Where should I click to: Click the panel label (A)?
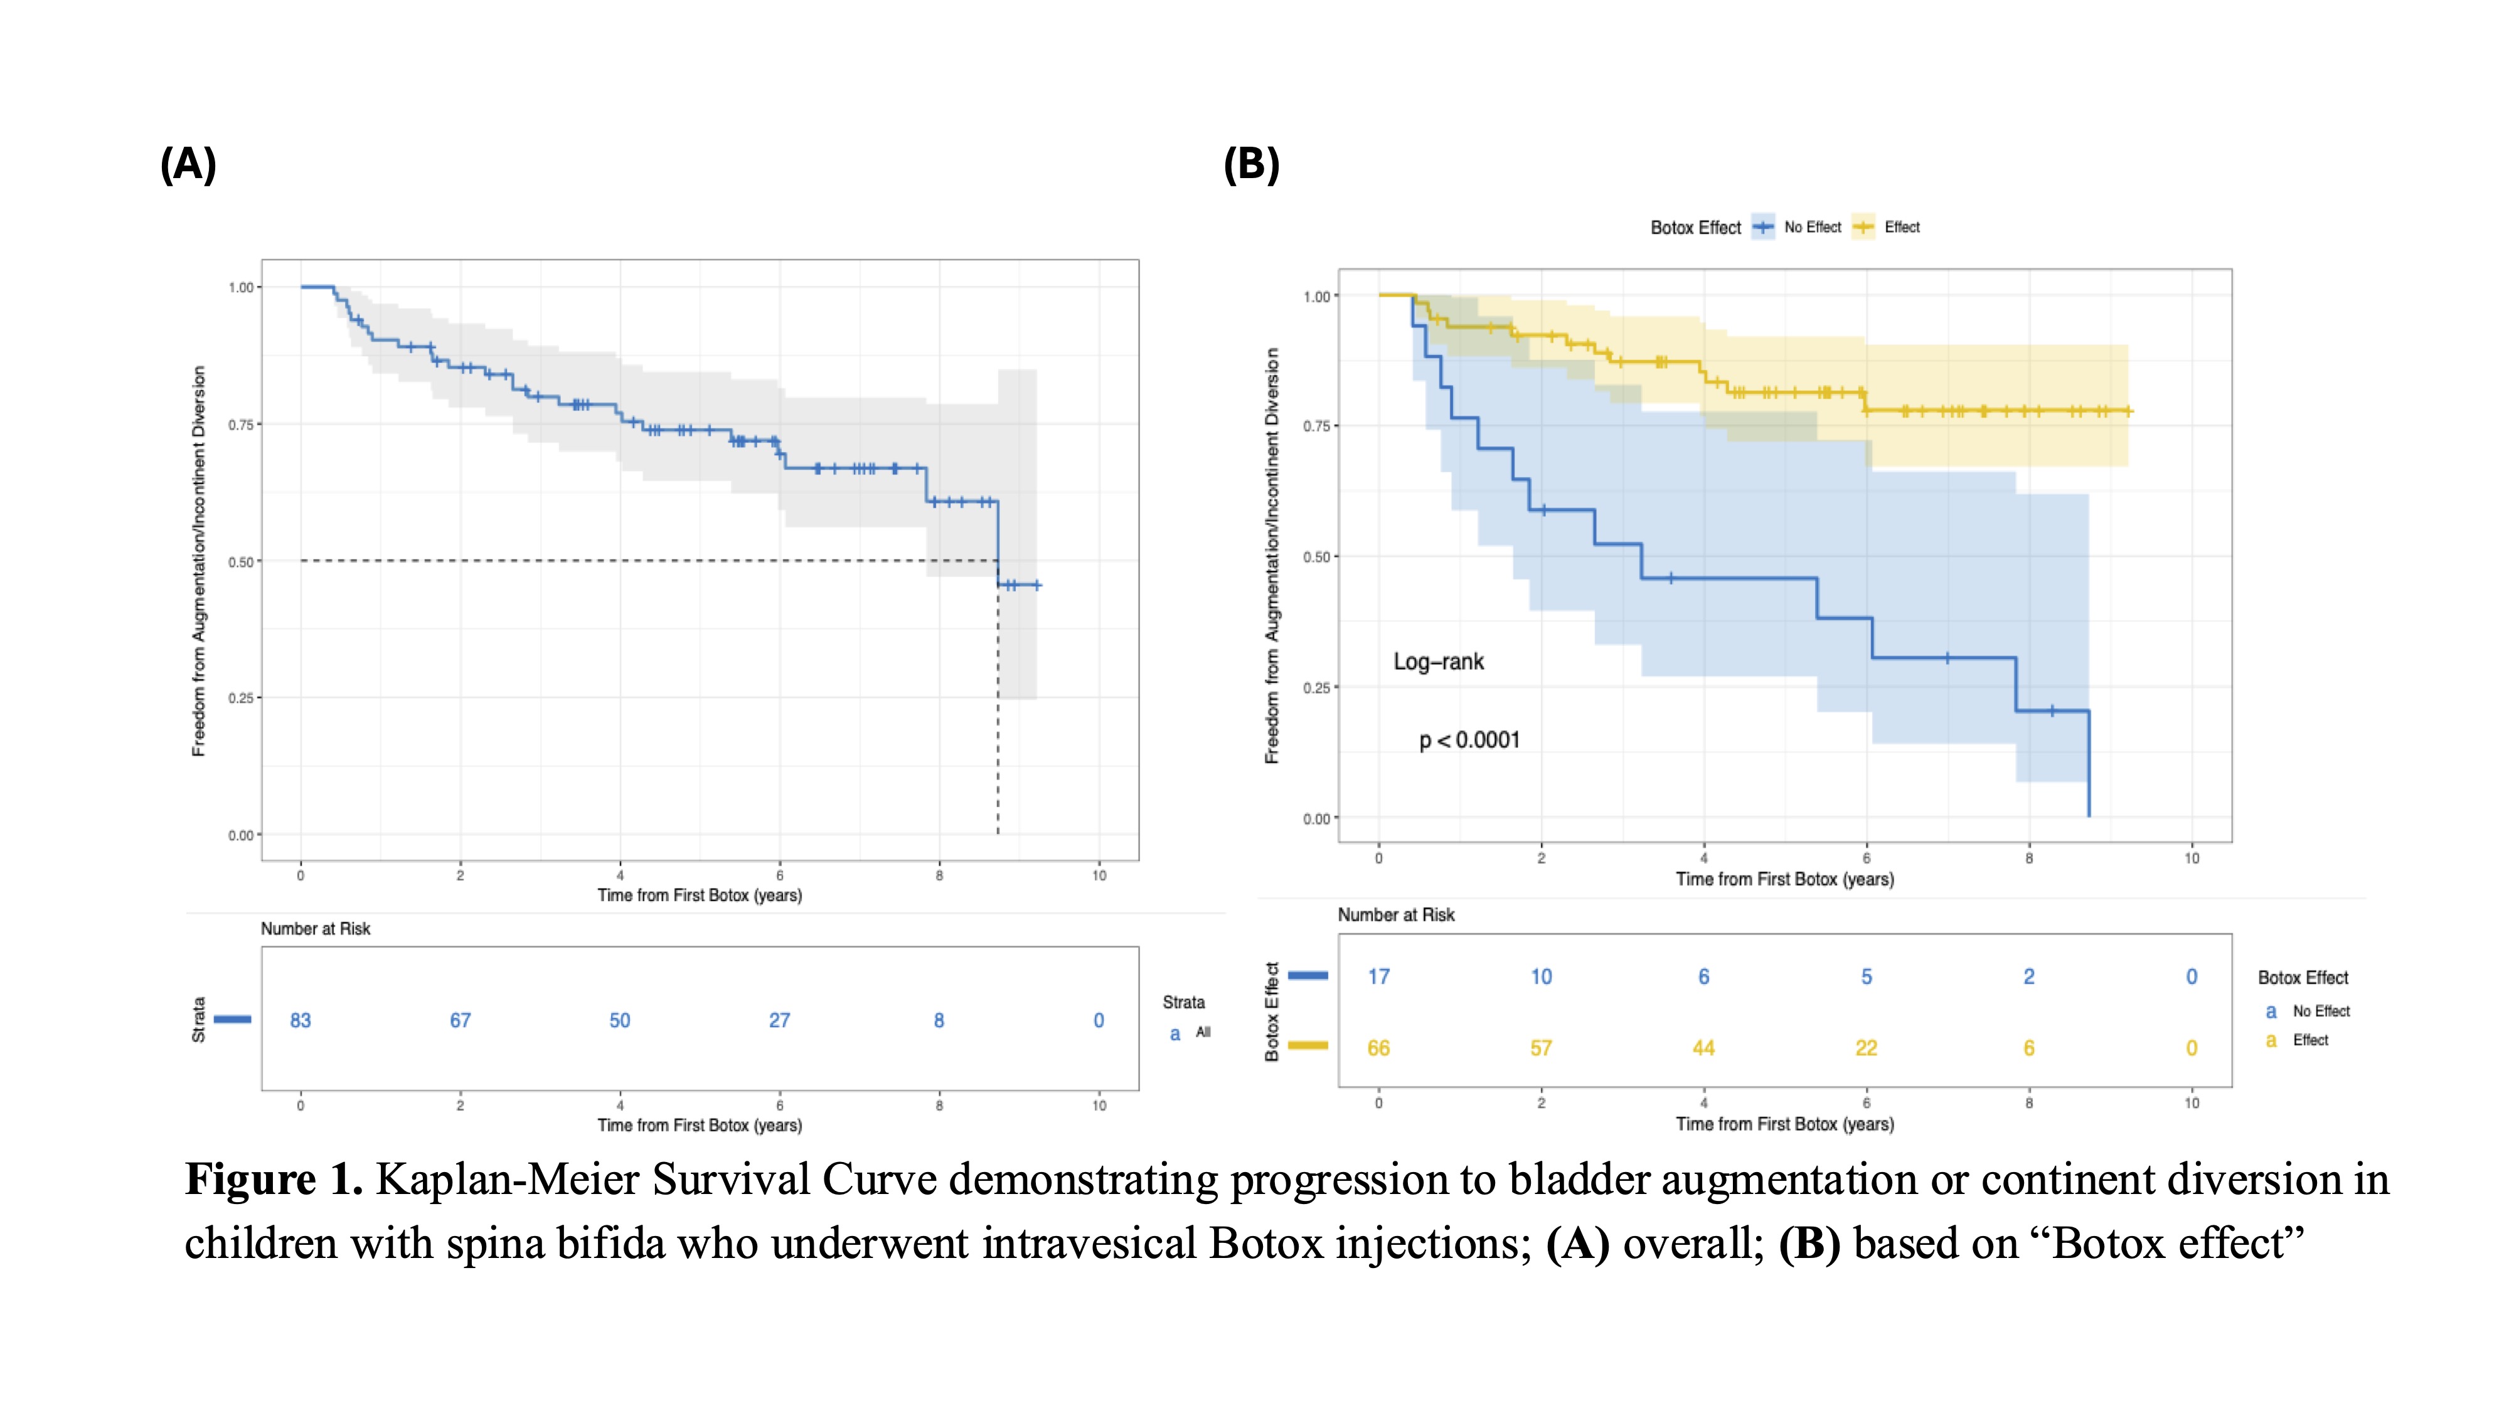[188, 164]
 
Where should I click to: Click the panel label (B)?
[1252, 164]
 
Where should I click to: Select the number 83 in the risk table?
[300, 1020]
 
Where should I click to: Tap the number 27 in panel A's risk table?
[779, 1020]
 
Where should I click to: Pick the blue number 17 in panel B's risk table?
[1378, 976]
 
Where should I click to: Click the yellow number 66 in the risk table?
[1378, 1049]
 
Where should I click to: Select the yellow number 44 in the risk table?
[1703, 1049]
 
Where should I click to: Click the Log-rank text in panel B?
[1439, 662]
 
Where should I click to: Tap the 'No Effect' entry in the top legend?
[1813, 227]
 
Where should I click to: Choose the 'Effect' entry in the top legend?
[1902, 227]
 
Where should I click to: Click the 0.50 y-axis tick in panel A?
[240, 562]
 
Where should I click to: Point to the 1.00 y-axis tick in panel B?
[1317, 296]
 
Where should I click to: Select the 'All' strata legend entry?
[1203, 1032]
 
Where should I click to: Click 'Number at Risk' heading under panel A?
[316, 929]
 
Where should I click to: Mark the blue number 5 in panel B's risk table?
[1866, 976]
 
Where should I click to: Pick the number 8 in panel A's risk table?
[939, 1020]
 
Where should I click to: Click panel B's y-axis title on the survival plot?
[1272, 555]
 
